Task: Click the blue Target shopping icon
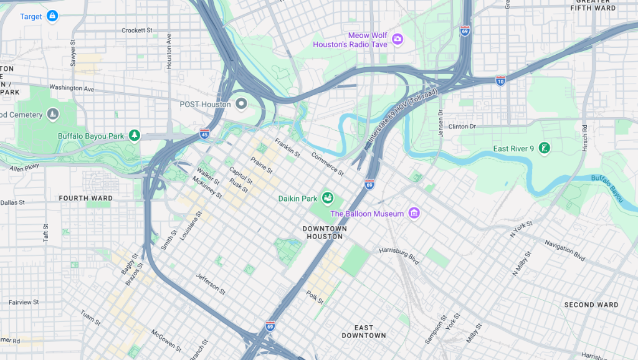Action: [x=52, y=16]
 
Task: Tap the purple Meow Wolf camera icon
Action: [x=398, y=40]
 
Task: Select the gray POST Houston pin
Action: [x=241, y=103]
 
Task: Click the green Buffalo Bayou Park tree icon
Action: [x=134, y=135]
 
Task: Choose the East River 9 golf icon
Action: [x=545, y=148]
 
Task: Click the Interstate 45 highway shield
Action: [x=204, y=133]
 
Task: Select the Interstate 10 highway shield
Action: [x=500, y=81]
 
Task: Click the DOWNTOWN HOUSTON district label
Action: [x=325, y=232]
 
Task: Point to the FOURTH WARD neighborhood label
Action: [x=86, y=199]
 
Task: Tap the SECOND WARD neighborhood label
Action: [x=591, y=305]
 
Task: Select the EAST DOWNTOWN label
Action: [x=364, y=331]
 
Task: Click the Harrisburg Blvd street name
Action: [x=400, y=253]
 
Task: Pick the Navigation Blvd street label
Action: [x=564, y=250]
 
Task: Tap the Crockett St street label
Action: [x=137, y=30]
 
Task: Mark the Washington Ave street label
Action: [x=72, y=88]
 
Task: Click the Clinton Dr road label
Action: [x=461, y=126]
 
